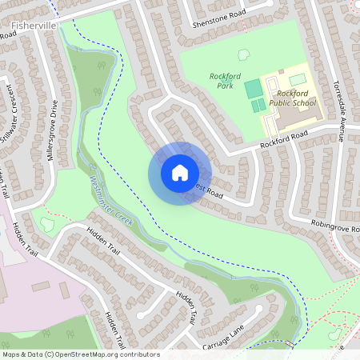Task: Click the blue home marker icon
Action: pyautogui.click(x=179, y=172)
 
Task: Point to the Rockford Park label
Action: pyautogui.click(x=226, y=81)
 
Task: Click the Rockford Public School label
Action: pyautogui.click(x=293, y=98)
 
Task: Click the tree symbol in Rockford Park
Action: pyautogui.click(x=243, y=55)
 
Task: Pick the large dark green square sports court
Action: pyautogui.click(x=253, y=87)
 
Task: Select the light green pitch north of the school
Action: pyautogui.click(x=297, y=79)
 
